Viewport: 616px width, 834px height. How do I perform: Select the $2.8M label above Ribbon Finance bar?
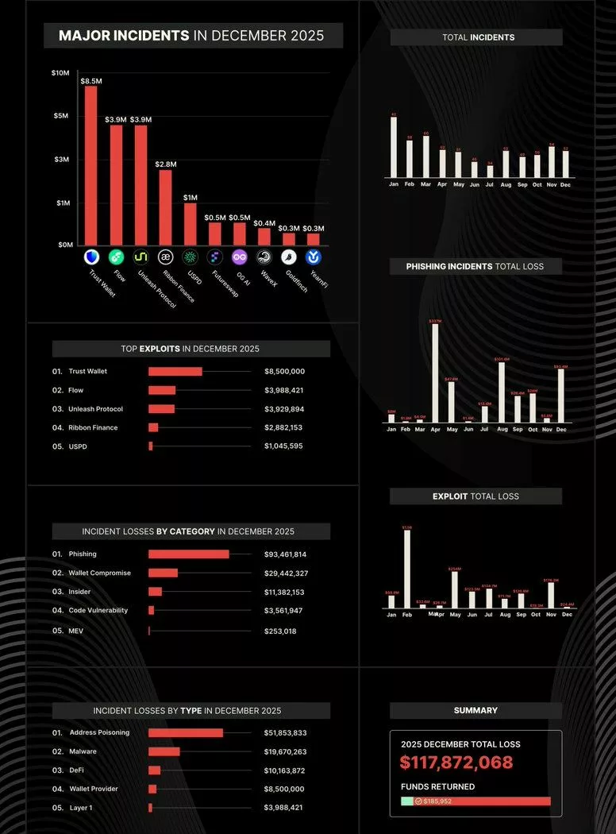(x=166, y=164)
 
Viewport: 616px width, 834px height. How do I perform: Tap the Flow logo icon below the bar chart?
(x=116, y=257)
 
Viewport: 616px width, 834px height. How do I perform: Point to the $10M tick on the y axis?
(x=60, y=73)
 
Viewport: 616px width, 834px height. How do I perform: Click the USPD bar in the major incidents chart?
(x=191, y=224)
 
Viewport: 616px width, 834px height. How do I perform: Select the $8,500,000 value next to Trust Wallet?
(x=284, y=372)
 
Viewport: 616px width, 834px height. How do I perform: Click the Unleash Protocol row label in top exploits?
(x=95, y=409)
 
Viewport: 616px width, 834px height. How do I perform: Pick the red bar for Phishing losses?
(x=188, y=554)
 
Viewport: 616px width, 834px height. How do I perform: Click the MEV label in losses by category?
(x=77, y=631)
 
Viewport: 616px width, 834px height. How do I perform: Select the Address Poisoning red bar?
(x=186, y=733)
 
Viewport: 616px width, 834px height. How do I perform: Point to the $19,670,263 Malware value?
(x=285, y=751)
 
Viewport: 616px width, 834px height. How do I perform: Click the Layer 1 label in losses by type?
(x=81, y=808)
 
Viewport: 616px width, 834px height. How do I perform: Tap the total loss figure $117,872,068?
(x=456, y=764)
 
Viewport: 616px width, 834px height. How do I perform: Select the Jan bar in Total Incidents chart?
(x=394, y=147)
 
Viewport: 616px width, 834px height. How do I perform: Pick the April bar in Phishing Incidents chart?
(x=435, y=373)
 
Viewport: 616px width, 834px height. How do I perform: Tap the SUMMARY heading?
(x=475, y=711)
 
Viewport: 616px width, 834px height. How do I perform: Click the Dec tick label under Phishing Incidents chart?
(x=561, y=430)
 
